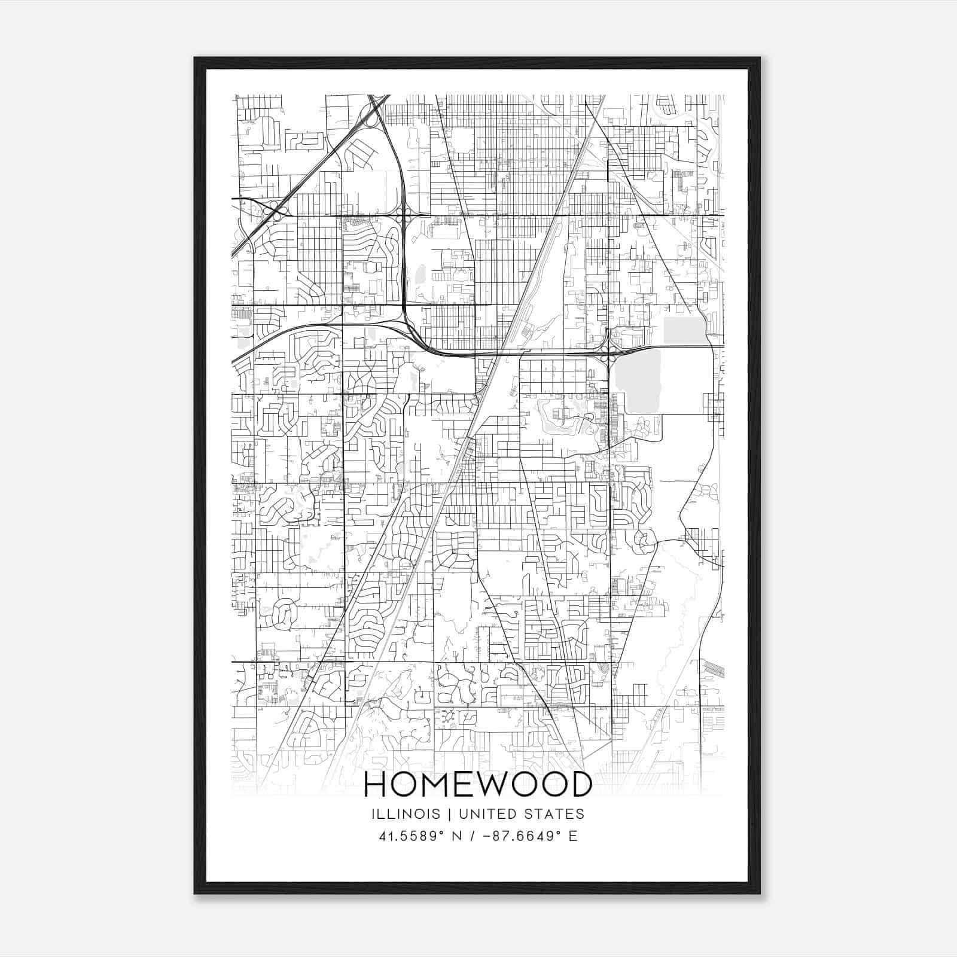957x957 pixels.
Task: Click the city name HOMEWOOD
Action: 478,785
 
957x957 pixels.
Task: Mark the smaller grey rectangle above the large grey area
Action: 685,330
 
